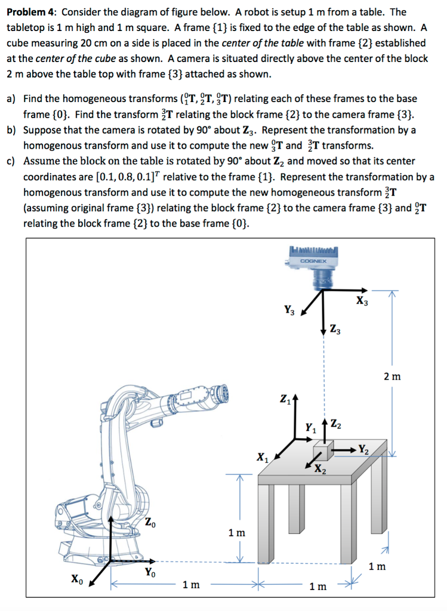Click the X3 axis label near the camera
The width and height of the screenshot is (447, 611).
pyautogui.click(x=362, y=301)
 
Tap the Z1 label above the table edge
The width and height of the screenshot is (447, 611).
pyautogui.click(x=284, y=398)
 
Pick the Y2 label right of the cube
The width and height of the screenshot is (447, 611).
pyautogui.click(x=364, y=448)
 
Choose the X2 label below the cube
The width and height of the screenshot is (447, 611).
pyautogui.click(x=320, y=467)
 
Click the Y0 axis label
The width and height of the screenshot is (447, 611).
pyautogui.click(x=151, y=572)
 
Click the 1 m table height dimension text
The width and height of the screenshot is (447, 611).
pyautogui.click(x=237, y=532)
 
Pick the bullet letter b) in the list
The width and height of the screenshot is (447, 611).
pyautogui.click(x=11, y=129)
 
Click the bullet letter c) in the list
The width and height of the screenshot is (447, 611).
pyautogui.click(x=11, y=161)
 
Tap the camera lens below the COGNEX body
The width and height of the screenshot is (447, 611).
pyautogui.click(x=322, y=277)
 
